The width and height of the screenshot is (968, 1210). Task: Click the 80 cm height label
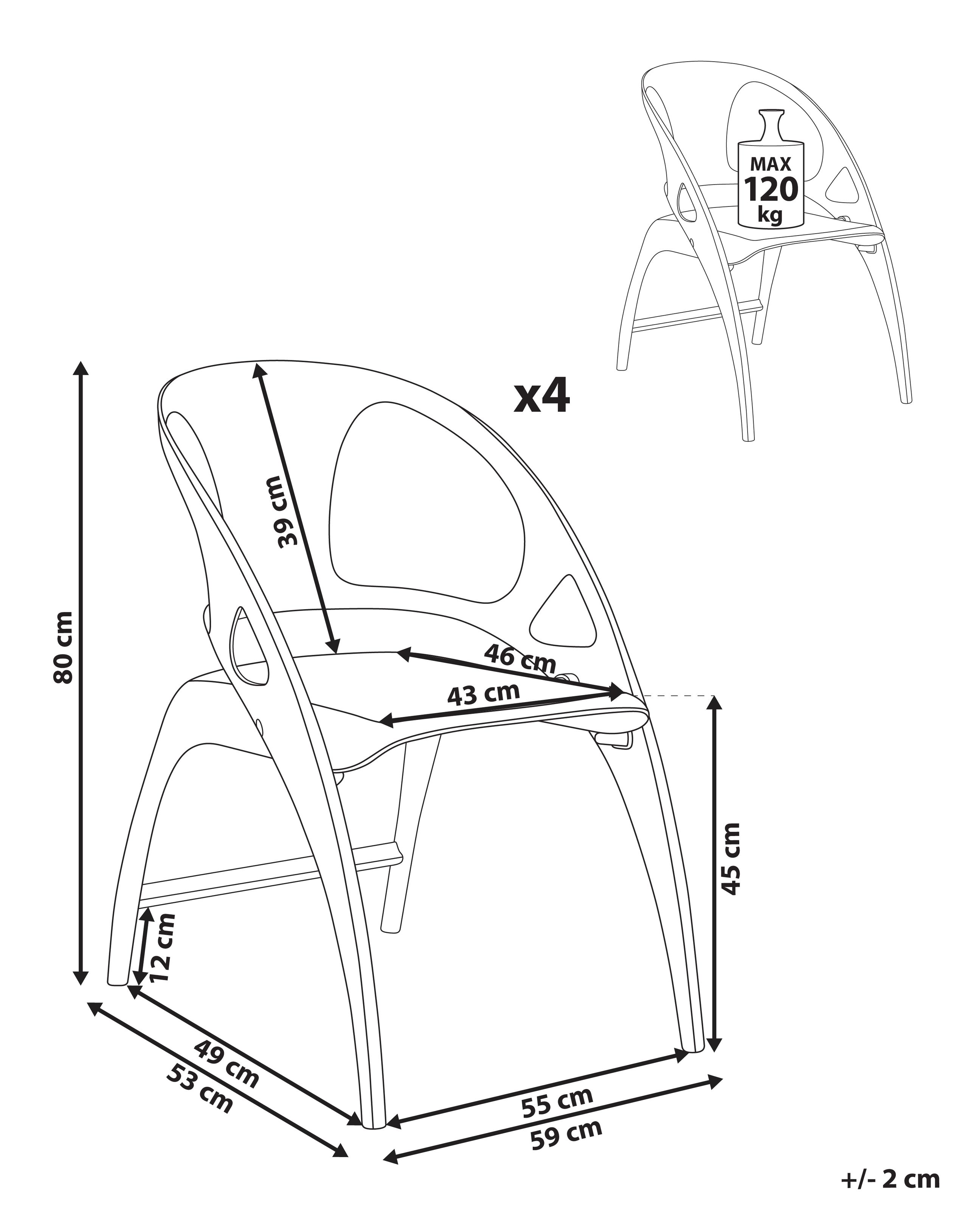pos(63,647)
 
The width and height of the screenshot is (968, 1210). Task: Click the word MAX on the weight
pos(771,164)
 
